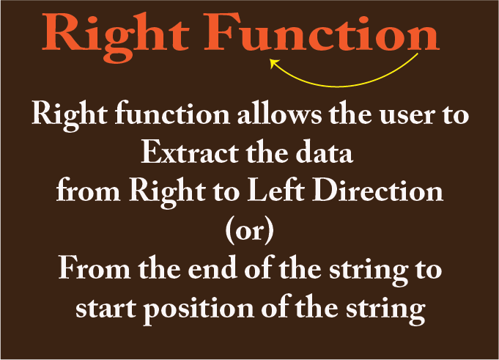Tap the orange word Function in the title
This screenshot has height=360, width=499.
point(322,32)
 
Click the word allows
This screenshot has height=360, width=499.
point(279,113)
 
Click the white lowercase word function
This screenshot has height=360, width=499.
point(172,114)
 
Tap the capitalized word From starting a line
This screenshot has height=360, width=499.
point(95,268)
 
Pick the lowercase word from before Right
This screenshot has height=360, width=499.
point(89,190)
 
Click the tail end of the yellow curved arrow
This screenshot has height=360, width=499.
point(418,54)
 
